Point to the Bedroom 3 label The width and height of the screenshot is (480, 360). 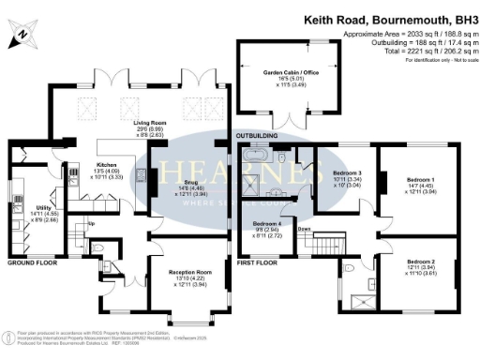click(x=347, y=173)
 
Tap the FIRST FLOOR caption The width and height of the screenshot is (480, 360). click(x=258, y=263)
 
